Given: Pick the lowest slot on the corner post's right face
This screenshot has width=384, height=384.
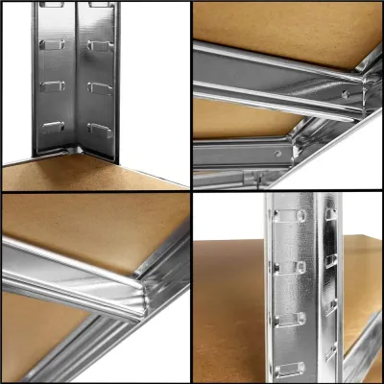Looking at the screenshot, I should coord(100,129).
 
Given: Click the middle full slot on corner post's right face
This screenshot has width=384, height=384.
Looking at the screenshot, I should coord(100,87).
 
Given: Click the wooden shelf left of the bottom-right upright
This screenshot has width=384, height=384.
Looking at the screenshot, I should coord(230,307).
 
